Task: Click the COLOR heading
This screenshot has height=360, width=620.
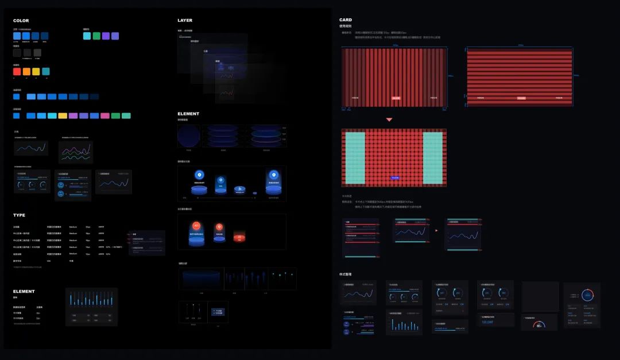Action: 21,21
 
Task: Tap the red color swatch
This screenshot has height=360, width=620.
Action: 17,72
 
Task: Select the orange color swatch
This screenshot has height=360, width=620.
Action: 26,72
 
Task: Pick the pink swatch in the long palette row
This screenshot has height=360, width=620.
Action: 104,115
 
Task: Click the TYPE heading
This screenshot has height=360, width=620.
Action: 19,215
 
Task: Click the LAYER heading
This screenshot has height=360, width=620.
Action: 185,21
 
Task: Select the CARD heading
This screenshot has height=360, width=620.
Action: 346,20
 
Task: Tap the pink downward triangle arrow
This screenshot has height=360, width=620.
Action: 389,119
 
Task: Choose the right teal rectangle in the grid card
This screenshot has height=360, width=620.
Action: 433,158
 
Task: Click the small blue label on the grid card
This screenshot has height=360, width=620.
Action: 395,178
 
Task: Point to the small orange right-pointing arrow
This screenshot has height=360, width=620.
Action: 436,231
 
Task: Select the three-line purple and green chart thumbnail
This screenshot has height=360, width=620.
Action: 76,152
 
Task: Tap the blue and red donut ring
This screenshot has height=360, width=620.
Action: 587,295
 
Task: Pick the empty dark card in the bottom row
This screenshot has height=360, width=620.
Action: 540,296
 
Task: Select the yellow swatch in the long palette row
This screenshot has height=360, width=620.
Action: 63,115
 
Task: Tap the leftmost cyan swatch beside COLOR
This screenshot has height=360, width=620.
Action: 87,36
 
